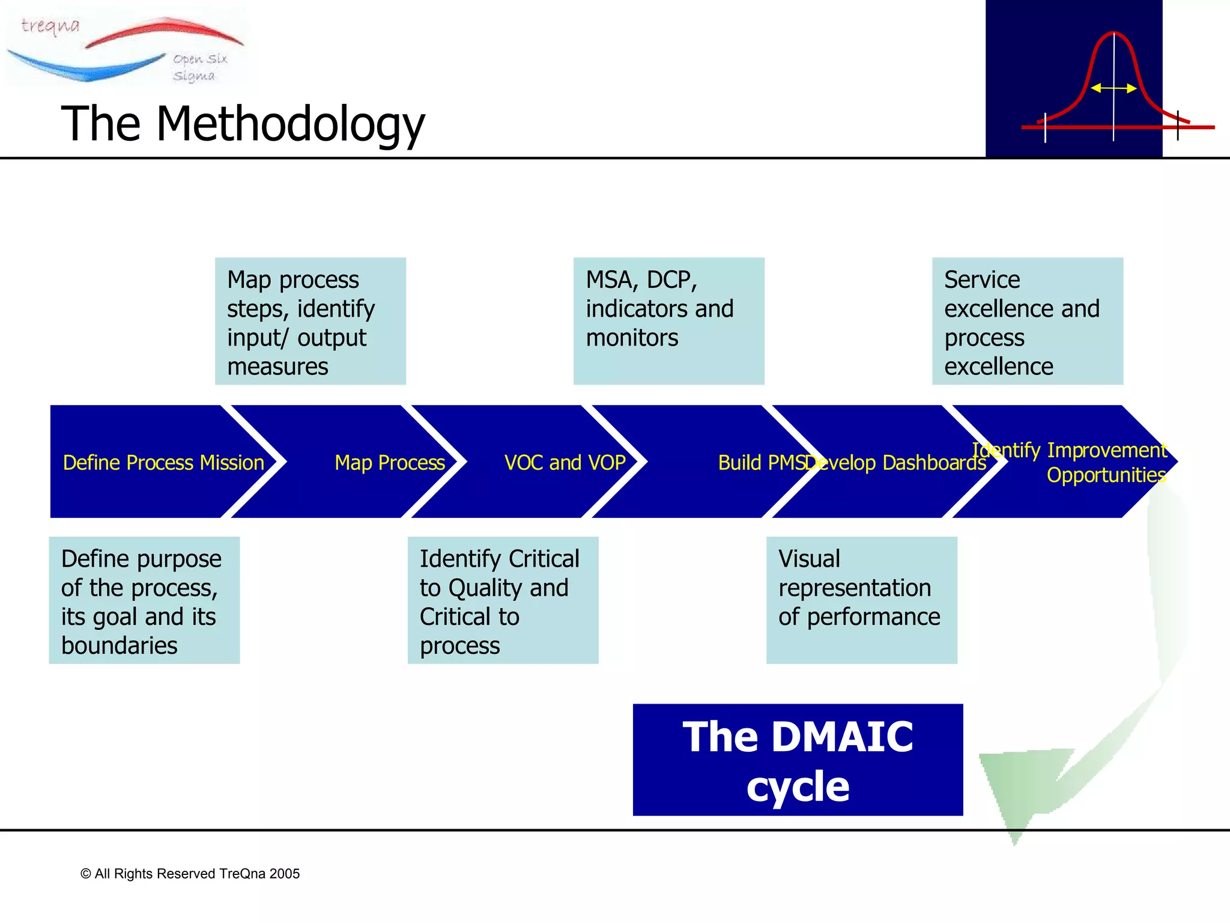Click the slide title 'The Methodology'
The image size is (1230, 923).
click(x=243, y=124)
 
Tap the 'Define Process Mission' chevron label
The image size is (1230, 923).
click(x=163, y=463)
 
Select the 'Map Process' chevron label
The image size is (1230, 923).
click(x=390, y=463)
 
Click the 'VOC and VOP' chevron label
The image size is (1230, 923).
click(x=565, y=463)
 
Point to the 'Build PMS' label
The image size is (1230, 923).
click(x=760, y=463)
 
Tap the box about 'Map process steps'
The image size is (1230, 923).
click(x=311, y=321)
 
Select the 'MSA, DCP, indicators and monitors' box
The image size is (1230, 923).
click(x=668, y=321)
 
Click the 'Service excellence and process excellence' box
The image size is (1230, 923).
click(x=1027, y=321)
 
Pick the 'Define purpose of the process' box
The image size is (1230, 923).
click(x=144, y=600)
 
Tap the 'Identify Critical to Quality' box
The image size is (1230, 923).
click(x=503, y=600)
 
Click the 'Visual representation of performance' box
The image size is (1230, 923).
click(x=861, y=600)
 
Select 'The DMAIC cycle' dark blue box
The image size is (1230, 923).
click(x=798, y=760)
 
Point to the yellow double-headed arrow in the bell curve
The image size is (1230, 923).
click(x=1113, y=88)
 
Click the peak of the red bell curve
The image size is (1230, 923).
click(x=1113, y=34)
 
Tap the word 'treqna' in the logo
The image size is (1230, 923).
click(x=50, y=26)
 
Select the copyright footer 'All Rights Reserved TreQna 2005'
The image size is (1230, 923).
click(x=190, y=874)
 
